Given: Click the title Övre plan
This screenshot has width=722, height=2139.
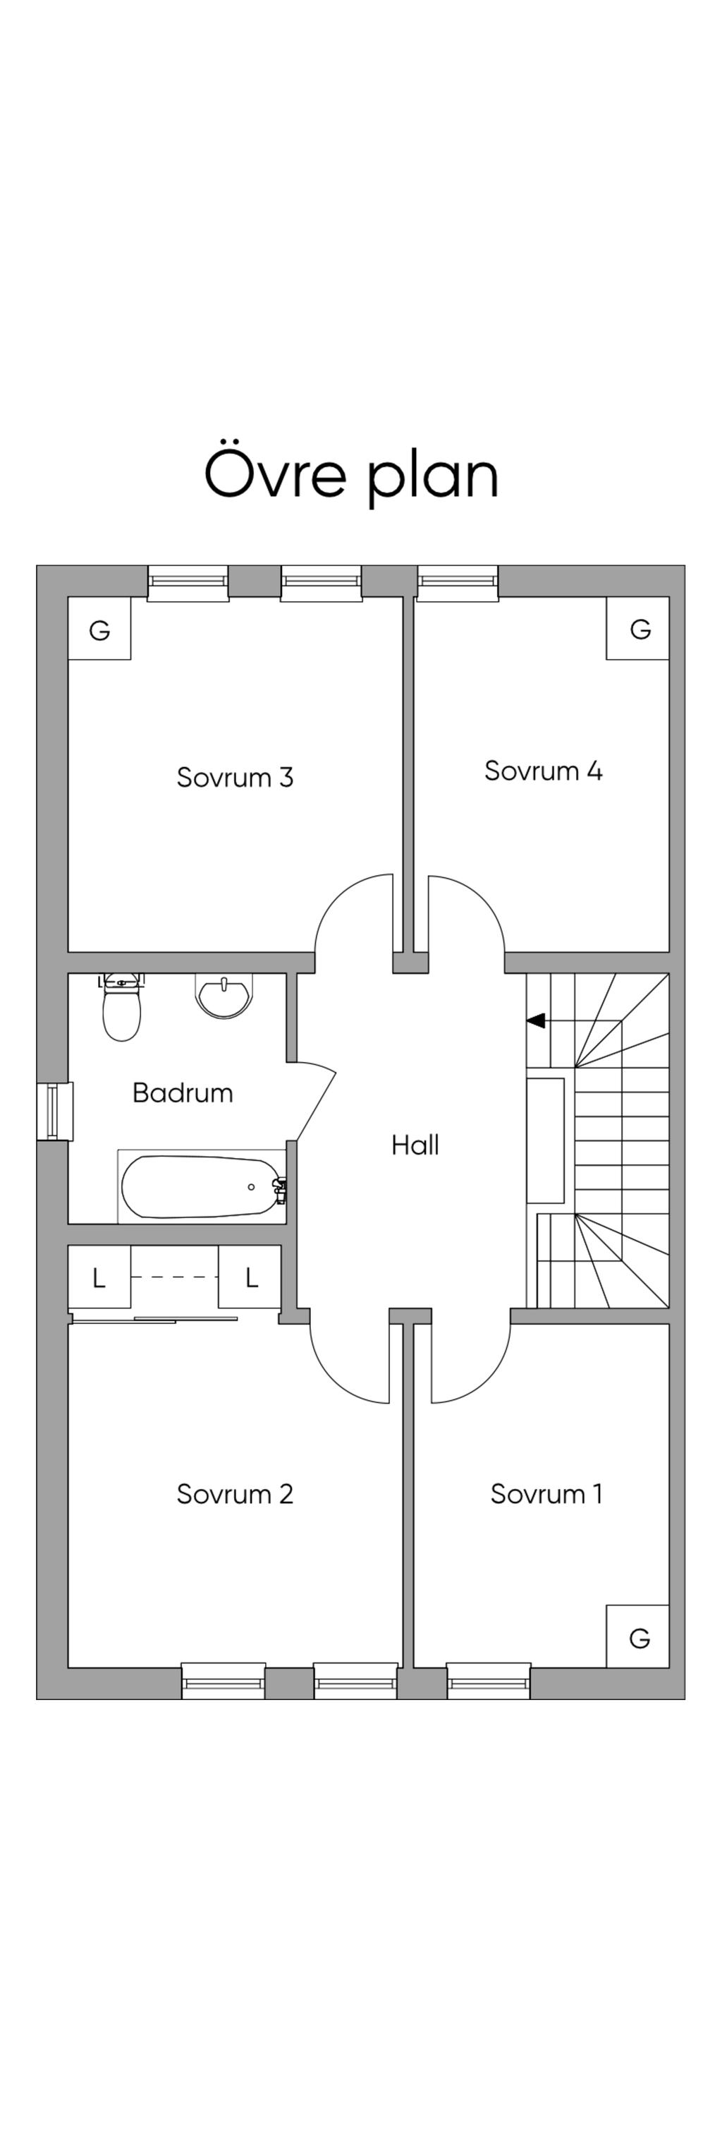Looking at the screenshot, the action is pos(350,475).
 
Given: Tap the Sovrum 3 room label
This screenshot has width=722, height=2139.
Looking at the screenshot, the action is pos(235,777).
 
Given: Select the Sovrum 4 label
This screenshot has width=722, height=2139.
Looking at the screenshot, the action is pos(543,771).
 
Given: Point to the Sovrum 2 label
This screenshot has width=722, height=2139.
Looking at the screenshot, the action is pos(235,1494).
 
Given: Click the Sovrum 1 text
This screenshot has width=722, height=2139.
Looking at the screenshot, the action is pos(546,1494).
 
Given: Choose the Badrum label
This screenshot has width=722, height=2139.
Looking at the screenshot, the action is pos(183,1092).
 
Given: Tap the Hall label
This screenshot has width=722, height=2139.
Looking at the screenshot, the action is pos(415,1145).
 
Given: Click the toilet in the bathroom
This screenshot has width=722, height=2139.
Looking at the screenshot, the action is pos(122,1007).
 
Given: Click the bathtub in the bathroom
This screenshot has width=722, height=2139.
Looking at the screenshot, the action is pos(202,1186).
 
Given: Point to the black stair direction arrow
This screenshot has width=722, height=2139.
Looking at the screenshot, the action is pos(536,1020).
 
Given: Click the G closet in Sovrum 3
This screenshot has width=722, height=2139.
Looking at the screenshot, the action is pos(99,629).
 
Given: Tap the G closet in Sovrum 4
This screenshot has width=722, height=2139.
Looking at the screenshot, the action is pos(637,629).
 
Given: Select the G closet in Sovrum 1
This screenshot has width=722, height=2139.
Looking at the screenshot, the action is pos(637,1636).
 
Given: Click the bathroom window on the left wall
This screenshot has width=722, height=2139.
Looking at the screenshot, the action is pos(55,1112).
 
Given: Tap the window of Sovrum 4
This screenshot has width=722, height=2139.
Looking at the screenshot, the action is pos(458,583).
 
